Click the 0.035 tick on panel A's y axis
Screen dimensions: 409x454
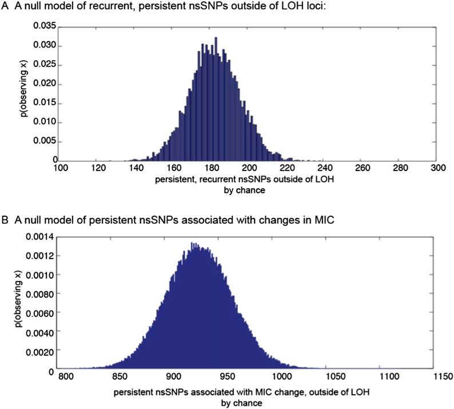(42, 26)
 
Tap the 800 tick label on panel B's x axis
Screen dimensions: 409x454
(67, 378)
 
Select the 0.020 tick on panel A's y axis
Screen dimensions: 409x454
(42, 84)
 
